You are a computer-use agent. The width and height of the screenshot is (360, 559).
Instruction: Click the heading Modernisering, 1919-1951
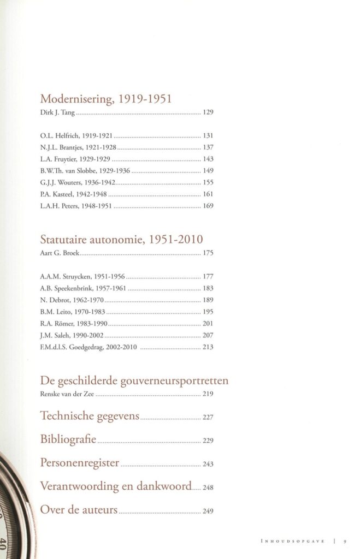[107, 99]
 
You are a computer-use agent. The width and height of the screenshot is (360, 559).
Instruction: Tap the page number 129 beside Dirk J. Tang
[208, 114]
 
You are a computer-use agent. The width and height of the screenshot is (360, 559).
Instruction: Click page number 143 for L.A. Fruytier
[208, 159]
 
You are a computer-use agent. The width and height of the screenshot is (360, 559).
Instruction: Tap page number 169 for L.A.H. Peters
[208, 206]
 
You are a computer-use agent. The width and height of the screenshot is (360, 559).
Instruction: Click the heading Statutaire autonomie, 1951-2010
[122, 239]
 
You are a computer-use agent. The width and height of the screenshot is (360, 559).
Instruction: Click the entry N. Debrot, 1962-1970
[72, 300]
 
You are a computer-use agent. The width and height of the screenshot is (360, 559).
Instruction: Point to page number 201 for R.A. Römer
[208, 323]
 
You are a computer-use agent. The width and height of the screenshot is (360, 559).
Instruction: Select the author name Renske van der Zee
[67, 394]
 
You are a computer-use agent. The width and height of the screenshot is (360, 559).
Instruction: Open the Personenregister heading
[80, 463]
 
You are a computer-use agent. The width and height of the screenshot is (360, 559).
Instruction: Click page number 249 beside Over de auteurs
[208, 512]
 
